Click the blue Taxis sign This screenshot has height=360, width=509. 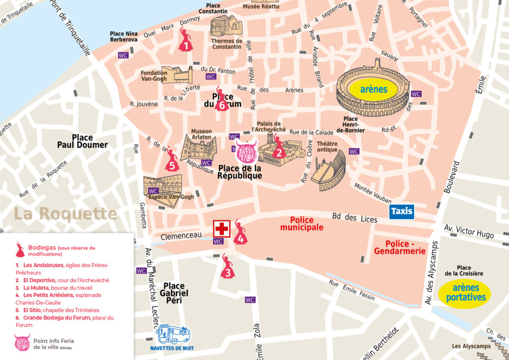pos(402,211)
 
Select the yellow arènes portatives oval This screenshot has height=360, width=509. pos(464,292)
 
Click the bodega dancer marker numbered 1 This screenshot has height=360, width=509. pos(185,41)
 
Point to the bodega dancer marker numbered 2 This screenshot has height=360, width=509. pos(278,147)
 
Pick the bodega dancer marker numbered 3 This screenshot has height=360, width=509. pos(227,267)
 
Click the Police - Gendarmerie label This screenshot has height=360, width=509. pos(405,247)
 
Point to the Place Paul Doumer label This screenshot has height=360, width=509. pos(83,141)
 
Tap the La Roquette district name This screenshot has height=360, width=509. pos(65,214)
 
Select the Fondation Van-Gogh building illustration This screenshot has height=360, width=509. pos(176,75)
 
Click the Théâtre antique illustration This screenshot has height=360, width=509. pos(330,170)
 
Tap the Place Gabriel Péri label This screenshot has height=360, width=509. pos(174,293)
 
